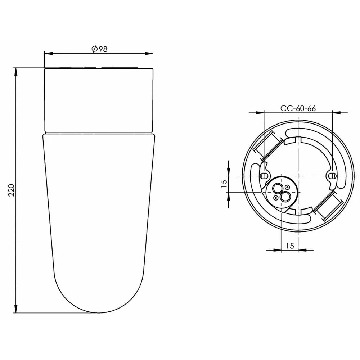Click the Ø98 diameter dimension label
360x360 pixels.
click(99, 49)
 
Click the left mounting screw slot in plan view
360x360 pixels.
click(264, 175)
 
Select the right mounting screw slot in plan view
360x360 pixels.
click(331, 175)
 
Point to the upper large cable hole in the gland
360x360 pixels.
click(278, 188)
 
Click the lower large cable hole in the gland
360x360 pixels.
click(285, 196)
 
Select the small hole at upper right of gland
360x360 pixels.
click(287, 187)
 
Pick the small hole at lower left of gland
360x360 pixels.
click(276, 198)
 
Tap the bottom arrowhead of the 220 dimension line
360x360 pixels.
click(15, 309)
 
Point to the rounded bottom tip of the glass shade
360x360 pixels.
click(99, 312)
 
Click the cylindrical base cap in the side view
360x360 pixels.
click(99, 100)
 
